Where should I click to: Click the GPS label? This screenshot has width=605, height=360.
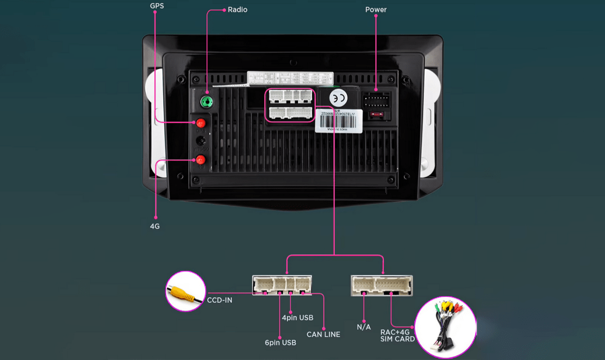click(x=157, y=6)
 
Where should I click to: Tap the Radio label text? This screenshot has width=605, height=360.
click(x=237, y=10)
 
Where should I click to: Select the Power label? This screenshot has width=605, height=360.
click(x=375, y=10)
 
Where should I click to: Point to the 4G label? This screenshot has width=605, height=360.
click(x=155, y=226)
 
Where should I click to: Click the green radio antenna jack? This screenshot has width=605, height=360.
click(x=207, y=102)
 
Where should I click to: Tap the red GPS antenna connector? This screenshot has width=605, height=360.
click(x=200, y=123)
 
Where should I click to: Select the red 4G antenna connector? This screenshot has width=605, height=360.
click(x=200, y=160)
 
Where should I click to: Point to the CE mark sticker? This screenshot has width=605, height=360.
click(x=338, y=98)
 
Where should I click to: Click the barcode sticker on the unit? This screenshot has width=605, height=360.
click(x=338, y=120)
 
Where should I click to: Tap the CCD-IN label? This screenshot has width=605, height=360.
click(x=219, y=300)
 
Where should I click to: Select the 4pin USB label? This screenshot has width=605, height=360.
click(x=297, y=318)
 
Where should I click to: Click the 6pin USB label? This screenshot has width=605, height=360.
click(x=281, y=343)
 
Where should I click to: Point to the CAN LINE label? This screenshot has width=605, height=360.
click(x=323, y=334)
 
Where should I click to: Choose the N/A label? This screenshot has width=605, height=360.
click(x=364, y=327)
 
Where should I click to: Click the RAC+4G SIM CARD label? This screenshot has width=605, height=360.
click(x=397, y=335)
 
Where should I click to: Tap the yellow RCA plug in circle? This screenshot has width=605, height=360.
click(x=185, y=292)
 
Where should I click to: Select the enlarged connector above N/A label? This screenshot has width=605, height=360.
click(x=382, y=285)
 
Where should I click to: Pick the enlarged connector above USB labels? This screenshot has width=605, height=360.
click(x=282, y=285)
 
